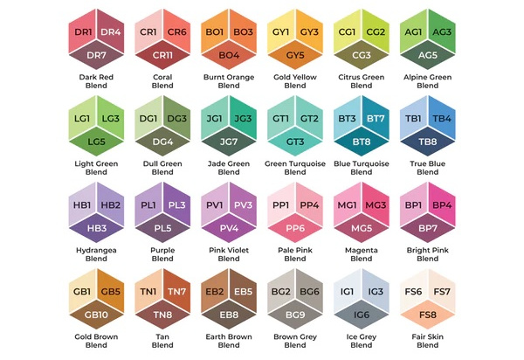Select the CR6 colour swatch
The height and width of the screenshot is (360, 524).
(x=177, y=33)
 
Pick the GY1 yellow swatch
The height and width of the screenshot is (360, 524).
(x=281, y=33)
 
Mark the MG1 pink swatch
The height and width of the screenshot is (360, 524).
(x=348, y=205)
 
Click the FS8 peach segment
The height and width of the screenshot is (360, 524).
(x=428, y=314)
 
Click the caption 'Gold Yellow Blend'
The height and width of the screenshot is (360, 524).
(x=295, y=82)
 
